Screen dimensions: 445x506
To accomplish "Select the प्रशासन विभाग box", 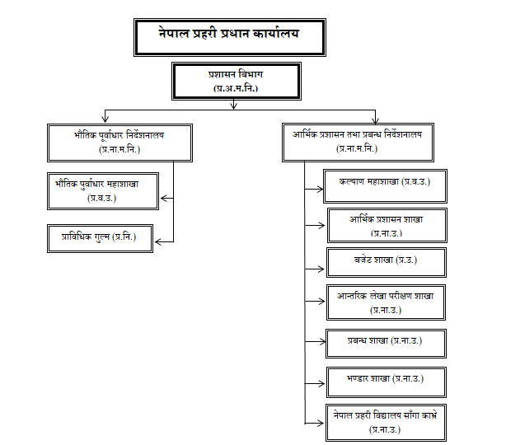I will (x=234, y=81).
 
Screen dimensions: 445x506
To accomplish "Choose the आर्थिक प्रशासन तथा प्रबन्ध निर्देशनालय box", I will (x=358, y=141).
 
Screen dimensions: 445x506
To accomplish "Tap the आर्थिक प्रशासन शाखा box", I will (x=387, y=225).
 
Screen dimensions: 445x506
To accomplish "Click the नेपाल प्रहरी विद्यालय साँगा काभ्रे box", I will (x=387, y=420).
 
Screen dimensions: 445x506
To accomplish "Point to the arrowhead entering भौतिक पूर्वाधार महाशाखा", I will (x=163, y=198).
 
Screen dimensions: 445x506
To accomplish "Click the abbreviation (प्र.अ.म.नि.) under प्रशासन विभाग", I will (x=234, y=87).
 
